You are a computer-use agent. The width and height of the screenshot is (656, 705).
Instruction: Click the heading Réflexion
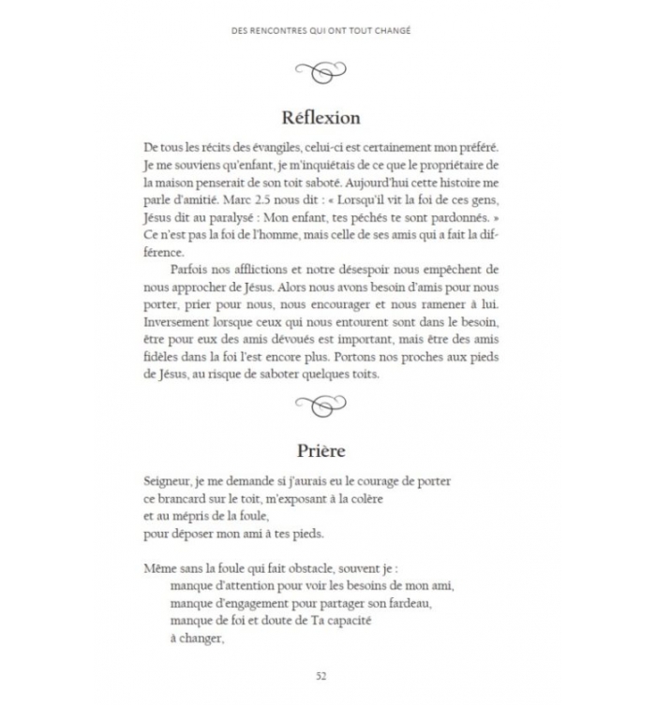pyautogui.click(x=321, y=118)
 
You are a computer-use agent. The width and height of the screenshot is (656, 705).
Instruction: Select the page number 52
pyautogui.click(x=321, y=675)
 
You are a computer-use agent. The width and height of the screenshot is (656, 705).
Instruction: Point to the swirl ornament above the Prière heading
pyautogui.click(x=321, y=404)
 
